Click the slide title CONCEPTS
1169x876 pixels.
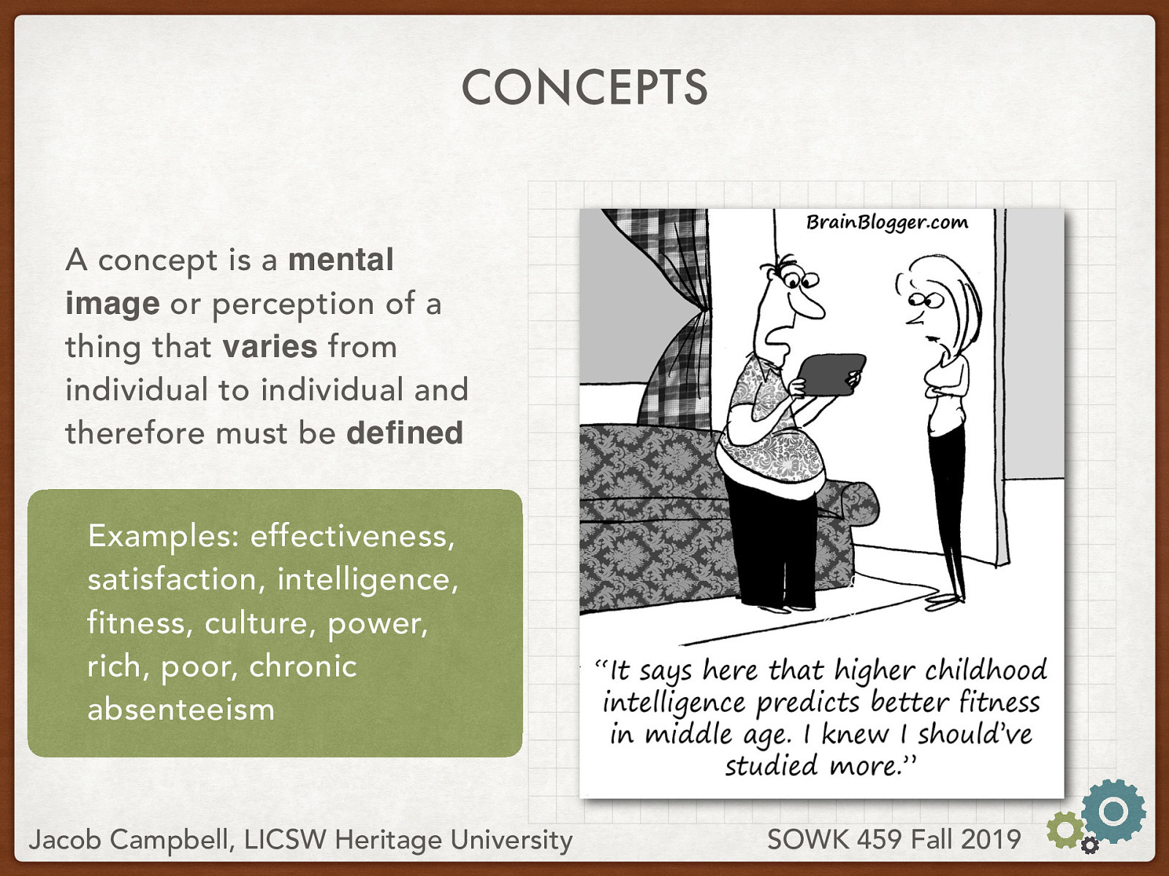584,88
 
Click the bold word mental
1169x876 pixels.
340,260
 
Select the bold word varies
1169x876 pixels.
270,346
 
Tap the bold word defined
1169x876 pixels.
404,433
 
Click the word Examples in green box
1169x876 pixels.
159,537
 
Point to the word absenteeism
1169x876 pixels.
180,710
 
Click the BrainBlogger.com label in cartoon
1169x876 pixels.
886,222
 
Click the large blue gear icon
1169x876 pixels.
1113,811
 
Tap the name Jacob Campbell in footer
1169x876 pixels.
128,839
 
